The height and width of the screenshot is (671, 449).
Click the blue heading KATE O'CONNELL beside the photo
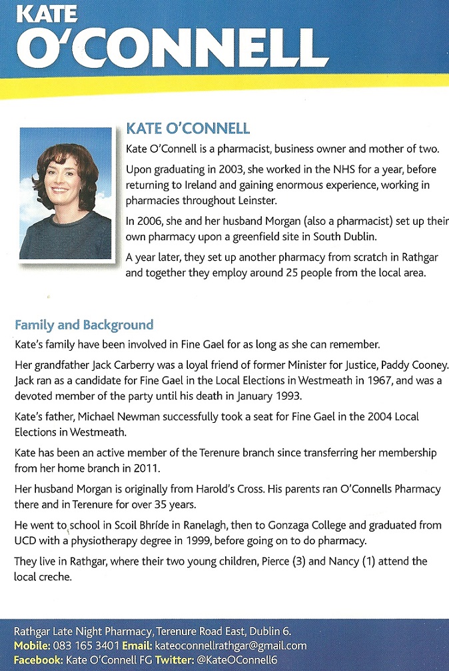click(188, 128)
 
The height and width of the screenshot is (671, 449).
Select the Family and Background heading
click(84, 325)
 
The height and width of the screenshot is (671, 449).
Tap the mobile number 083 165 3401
click(89, 646)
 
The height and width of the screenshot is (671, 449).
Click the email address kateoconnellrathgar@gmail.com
click(230, 646)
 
